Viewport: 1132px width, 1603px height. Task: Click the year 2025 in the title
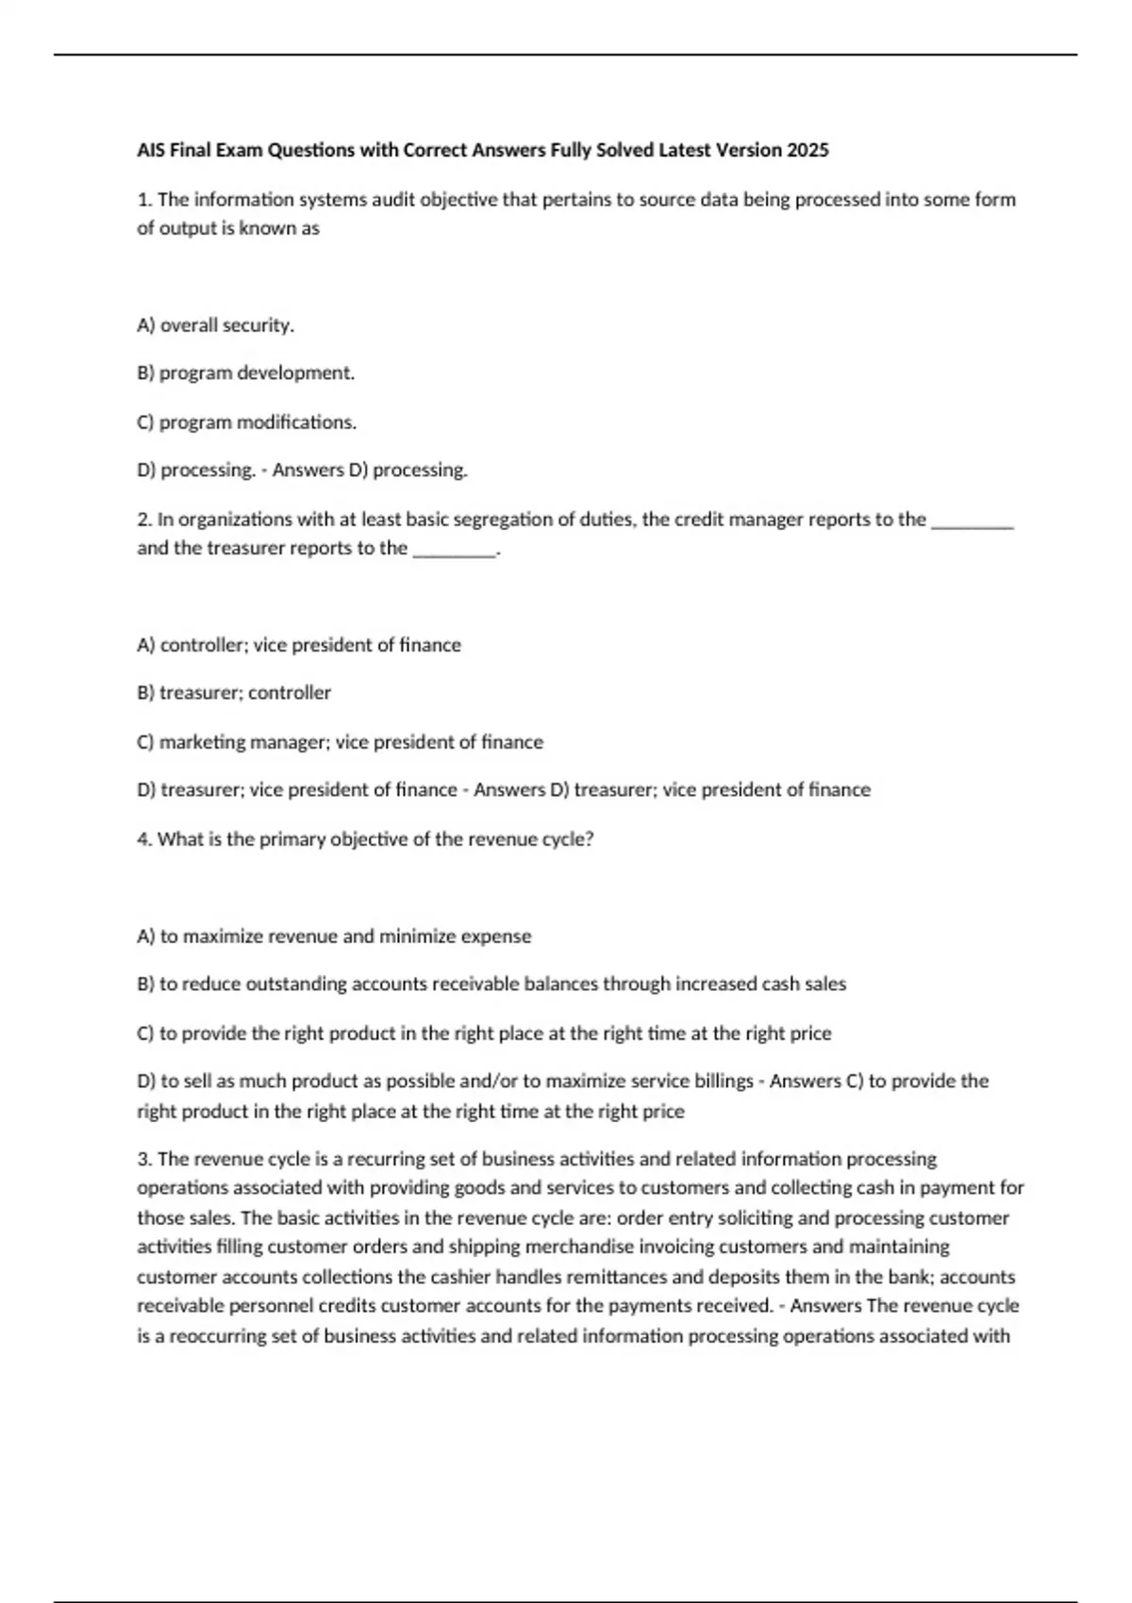(x=807, y=150)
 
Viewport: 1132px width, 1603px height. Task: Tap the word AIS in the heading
(x=151, y=150)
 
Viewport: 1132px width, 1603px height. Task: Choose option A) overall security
(x=215, y=325)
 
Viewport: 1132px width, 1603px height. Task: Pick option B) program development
(x=245, y=373)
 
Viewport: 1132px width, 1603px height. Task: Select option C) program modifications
(x=246, y=422)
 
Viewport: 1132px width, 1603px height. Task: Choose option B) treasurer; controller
(x=234, y=693)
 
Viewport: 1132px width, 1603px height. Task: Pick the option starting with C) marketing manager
(x=340, y=742)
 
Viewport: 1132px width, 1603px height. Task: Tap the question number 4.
(x=143, y=839)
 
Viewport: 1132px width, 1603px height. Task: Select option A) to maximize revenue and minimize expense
(x=334, y=936)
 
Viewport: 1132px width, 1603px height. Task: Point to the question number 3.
(x=143, y=1159)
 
